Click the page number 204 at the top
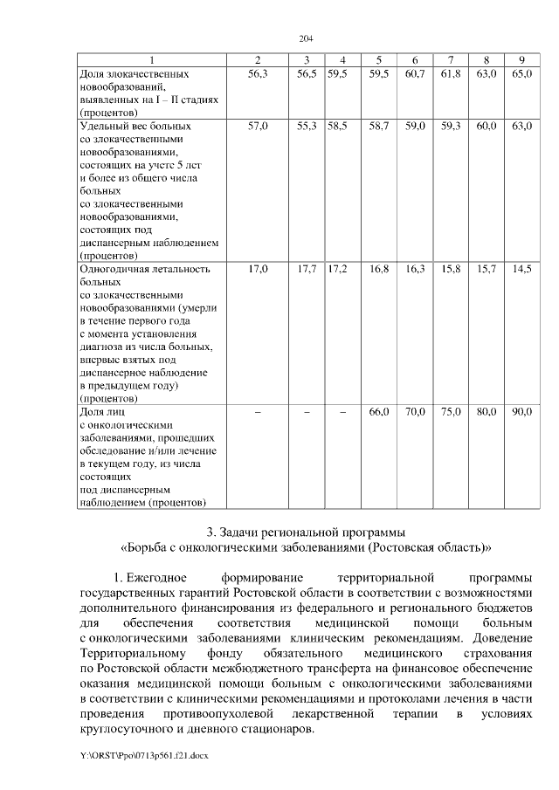pyautogui.click(x=306, y=38)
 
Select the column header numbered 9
pyautogui.click(x=521, y=59)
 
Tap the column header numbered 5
pyautogui.click(x=378, y=59)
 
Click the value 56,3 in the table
pyautogui.click(x=257, y=76)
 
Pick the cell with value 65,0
pyautogui.click(x=521, y=76)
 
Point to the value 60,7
pyautogui.click(x=415, y=76)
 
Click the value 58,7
pyautogui.click(x=378, y=127)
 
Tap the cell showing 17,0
pyautogui.click(x=258, y=269)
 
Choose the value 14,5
pyautogui.click(x=521, y=269)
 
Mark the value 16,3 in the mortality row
pyautogui.click(x=415, y=269)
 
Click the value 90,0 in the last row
pyautogui.click(x=521, y=411)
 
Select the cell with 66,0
pyautogui.click(x=378, y=411)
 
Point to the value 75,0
pyautogui.click(x=451, y=411)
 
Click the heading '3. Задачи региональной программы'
pyautogui.click(x=305, y=532)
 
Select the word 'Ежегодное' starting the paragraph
pyautogui.click(x=157, y=578)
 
